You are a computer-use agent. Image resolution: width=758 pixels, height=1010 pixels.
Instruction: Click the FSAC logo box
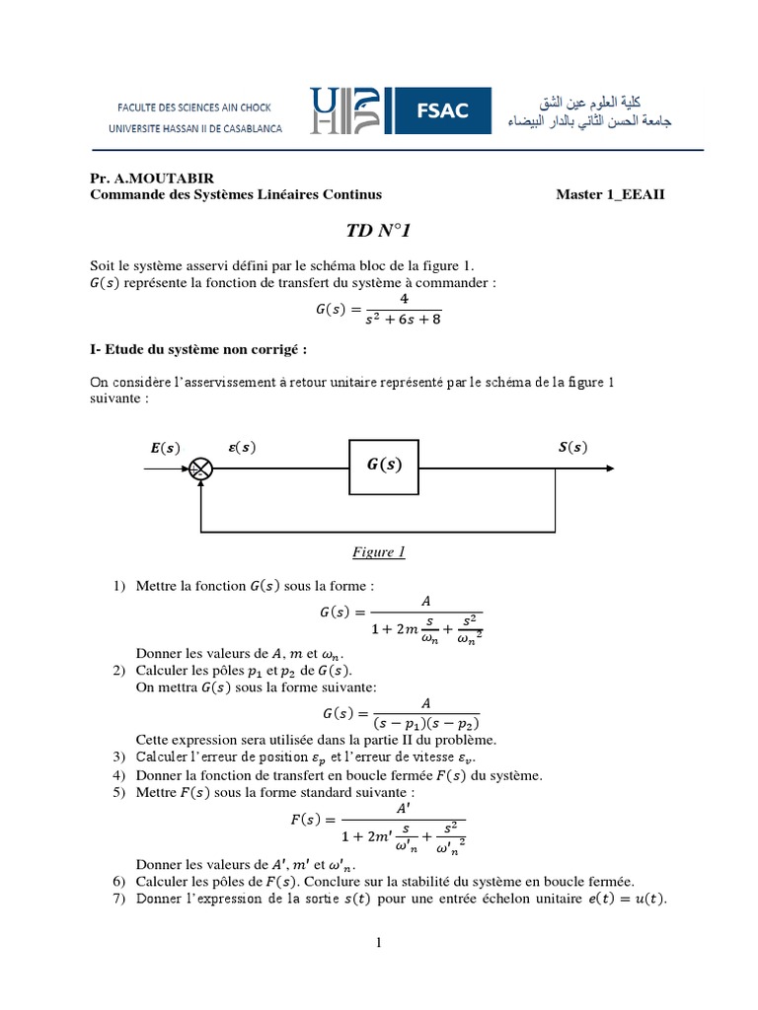[x=441, y=111]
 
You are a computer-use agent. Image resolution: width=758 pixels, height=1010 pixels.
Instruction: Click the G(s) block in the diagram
[x=385, y=465]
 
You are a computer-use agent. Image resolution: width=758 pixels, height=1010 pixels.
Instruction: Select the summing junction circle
[x=201, y=469]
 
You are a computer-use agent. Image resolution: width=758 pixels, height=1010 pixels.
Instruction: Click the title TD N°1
[x=378, y=231]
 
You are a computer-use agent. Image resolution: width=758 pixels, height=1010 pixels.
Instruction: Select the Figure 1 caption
[x=379, y=552]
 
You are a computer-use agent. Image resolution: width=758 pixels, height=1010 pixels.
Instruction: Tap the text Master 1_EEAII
[x=610, y=194]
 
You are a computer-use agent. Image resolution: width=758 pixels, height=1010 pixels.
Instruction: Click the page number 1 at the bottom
[x=378, y=943]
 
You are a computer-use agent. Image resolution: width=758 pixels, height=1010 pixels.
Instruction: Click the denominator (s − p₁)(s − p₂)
[x=426, y=722]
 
